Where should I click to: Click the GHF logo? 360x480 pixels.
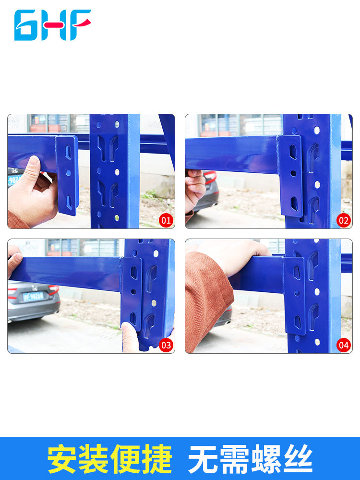click(x=53, y=25)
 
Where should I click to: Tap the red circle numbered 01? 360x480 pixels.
click(x=166, y=220)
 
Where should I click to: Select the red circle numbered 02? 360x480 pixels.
click(x=344, y=220)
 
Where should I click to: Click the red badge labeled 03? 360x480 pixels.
click(x=166, y=345)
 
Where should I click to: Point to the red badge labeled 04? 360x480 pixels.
click(x=344, y=345)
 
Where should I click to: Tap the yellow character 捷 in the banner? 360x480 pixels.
click(x=157, y=459)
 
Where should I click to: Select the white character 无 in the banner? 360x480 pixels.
click(x=203, y=459)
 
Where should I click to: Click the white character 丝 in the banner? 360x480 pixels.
click(x=298, y=459)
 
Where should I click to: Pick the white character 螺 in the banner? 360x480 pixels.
click(x=266, y=459)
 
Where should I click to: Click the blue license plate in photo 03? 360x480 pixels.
click(x=33, y=296)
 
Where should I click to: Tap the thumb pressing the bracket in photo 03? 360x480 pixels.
click(x=130, y=337)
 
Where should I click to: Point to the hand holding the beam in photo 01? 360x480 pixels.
click(x=32, y=193)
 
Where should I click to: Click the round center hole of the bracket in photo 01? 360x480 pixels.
click(x=68, y=173)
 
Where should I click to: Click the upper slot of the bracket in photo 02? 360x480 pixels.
click(x=293, y=152)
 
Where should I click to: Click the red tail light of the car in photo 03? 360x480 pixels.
click(x=54, y=289)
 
